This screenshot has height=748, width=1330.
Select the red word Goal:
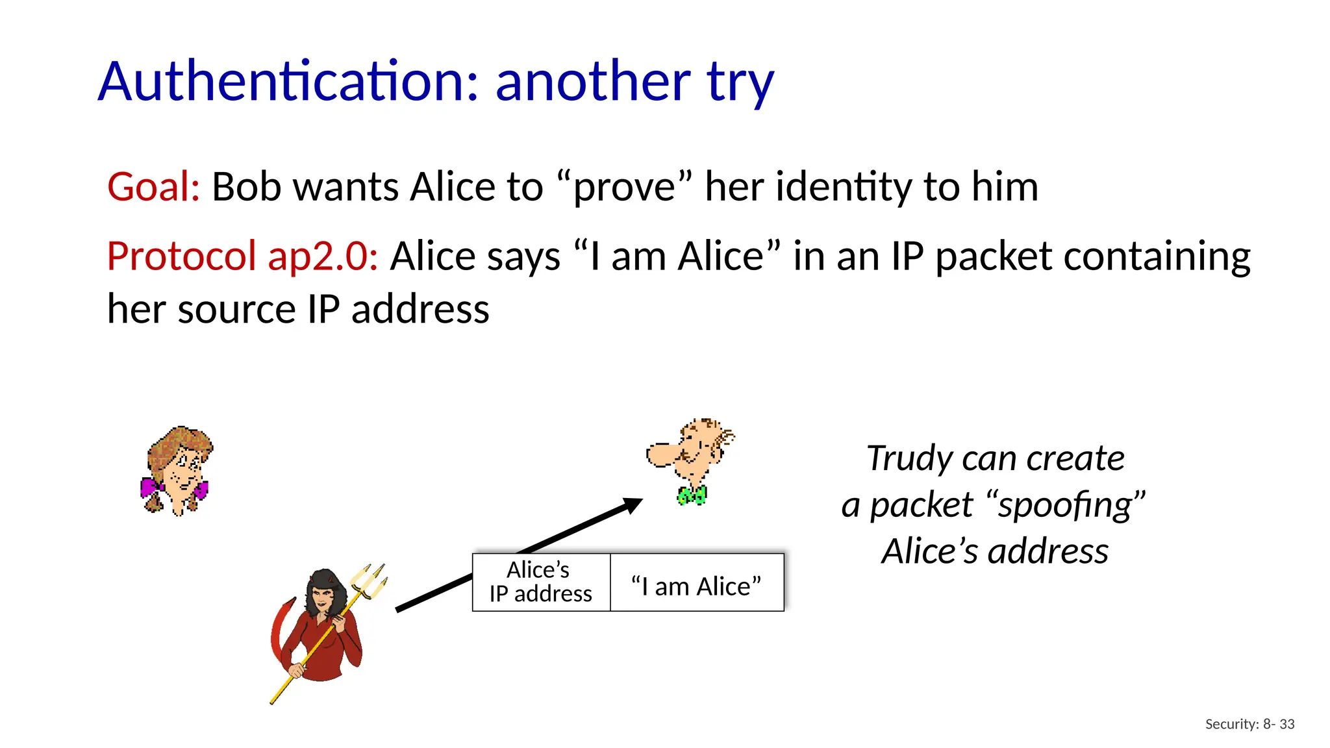tap(153, 187)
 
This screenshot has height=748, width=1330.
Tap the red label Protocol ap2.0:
tap(242, 256)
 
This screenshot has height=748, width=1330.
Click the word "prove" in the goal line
tap(624, 187)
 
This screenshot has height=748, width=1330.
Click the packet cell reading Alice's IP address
tap(541, 582)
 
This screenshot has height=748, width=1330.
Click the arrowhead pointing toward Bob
tap(631, 505)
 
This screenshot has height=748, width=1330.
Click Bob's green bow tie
tap(692, 496)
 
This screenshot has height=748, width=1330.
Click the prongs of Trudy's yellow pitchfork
tap(371, 580)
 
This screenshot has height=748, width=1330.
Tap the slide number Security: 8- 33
tap(1249, 724)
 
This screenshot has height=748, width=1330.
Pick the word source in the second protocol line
tap(236, 309)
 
